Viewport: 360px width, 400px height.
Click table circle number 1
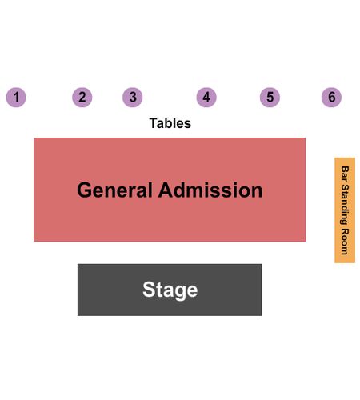16,98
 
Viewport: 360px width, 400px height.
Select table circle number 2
82,98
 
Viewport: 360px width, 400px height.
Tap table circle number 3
133,98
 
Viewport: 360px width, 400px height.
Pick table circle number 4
206,98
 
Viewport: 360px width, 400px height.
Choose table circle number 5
270,98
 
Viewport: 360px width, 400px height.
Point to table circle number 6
331,98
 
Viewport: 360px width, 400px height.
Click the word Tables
170,123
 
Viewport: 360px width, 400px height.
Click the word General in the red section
114,190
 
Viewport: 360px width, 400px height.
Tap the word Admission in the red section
210,190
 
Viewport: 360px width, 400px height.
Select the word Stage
170,290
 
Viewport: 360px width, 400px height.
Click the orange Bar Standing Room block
345,210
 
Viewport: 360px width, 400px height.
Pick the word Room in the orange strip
345,242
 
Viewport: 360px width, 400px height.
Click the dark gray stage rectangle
170,290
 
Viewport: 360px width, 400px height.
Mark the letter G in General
85,190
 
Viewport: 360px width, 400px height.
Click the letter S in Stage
150,290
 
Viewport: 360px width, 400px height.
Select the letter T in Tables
154,123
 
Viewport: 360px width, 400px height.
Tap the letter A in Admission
166,190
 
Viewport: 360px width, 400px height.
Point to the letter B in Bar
345,169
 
